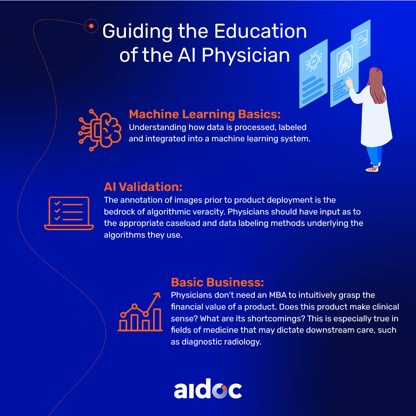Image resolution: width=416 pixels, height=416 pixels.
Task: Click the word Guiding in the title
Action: pyautogui.click(x=137, y=32)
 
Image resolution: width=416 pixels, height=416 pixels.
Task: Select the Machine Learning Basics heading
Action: pyautogui.click(x=205, y=114)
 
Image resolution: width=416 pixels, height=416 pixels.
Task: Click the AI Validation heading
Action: pyautogui.click(x=143, y=187)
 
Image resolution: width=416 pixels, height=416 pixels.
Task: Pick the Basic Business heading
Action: pyautogui.click(x=217, y=282)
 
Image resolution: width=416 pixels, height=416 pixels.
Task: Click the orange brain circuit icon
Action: pyautogui.click(x=100, y=130)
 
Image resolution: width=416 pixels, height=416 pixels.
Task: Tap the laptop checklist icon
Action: pyautogui.click(x=69, y=213)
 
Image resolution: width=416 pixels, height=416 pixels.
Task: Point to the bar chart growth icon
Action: pyautogui.click(x=140, y=312)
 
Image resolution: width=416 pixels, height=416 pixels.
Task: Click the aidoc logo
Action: pyautogui.click(x=208, y=389)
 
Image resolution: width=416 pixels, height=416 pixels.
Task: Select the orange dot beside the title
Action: pyautogui.click(x=91, y=26)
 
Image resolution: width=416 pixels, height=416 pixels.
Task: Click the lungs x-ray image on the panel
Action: pyautogui.click(x=344, y=61)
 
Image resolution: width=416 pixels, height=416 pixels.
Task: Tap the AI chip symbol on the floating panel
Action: pyautogui.click(x=314, y=62)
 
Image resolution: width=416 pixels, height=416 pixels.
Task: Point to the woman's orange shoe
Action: pyautogui.click(x=372, y=169)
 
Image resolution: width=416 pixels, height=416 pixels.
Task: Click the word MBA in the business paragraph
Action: pyautogui.click(x=278, y=295)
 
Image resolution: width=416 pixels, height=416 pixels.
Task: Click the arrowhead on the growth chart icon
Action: pyautogui.click(x=157, y=295)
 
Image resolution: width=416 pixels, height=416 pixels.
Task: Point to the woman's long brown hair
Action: pyautogui.click(x=377, y=85)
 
